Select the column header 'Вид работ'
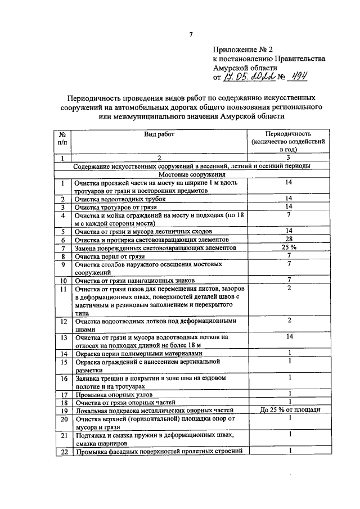[159, 135]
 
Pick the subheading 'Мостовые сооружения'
[191, 174]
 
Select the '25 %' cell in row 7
[288, 247]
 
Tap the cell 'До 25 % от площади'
[288, 410]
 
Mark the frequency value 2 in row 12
[288, 321]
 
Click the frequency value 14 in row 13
[288, 337]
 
